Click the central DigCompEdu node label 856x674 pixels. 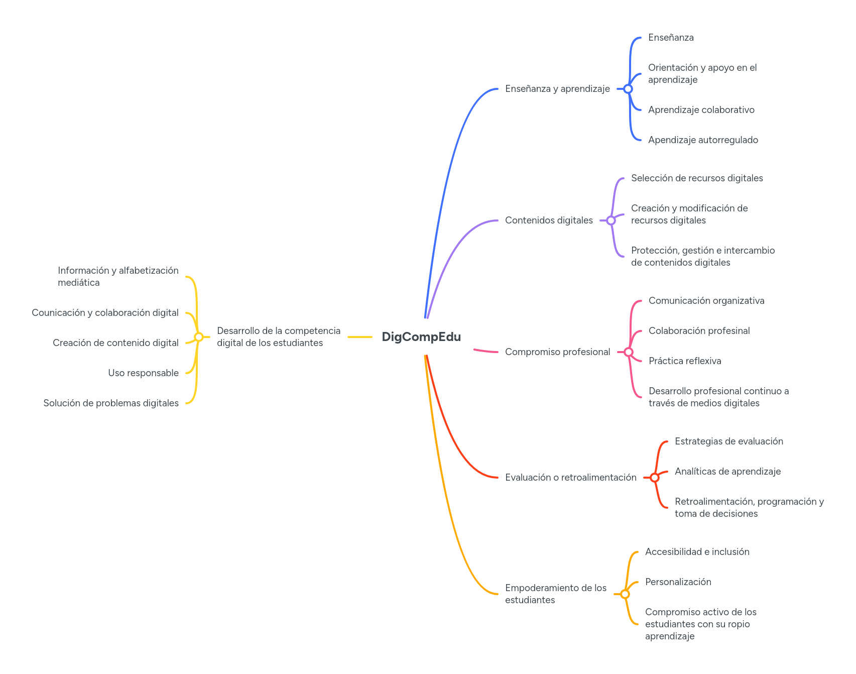click(x=421, y=336)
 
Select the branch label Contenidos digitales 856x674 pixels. click(x=548, y=220)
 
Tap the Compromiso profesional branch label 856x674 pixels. click(x=557, y=352)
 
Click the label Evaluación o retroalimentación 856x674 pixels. click(x=570, y=478)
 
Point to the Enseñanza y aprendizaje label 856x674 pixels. click(x=557, y=89)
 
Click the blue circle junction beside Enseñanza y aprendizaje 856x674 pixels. click(x=628, y=89)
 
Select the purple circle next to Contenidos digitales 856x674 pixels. click(x=610, y=220)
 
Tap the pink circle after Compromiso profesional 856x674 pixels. click(x=628, y=352)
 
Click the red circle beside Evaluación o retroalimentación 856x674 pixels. click(x=654, y=478)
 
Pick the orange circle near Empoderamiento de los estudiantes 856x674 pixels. click(x=625, y=594)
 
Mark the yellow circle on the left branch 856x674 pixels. click(x=198, y=337)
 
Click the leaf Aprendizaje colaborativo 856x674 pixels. click(x=701, y=110)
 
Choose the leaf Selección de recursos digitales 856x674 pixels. click(x=697, y=178)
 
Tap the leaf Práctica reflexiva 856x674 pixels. click(x=685, y=361)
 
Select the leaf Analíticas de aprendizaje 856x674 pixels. click(x=727, y=472)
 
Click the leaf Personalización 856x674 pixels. click(x=678, y=582)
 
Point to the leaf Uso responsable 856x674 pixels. click(x=143, y=373)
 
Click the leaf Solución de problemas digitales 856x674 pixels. click(x=111, y=403)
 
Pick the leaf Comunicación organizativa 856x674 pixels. click(x=706, y=301)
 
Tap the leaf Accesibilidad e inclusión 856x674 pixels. click(x=697, y=552)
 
